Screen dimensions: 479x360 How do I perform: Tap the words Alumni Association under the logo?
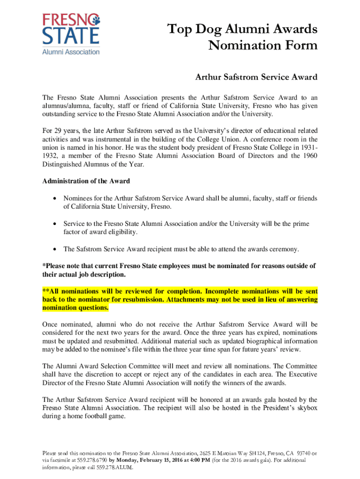[x=71, y=52]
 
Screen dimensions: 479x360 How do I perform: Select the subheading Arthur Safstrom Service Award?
[x=256, y=77]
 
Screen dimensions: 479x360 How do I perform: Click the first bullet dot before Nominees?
[x=55, y=198]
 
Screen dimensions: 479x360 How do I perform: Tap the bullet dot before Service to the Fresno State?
[x=55, y=224]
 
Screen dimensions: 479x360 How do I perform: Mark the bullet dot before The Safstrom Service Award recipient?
[x=55, y=249]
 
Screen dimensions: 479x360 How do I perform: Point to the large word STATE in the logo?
[x=71, y=36]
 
